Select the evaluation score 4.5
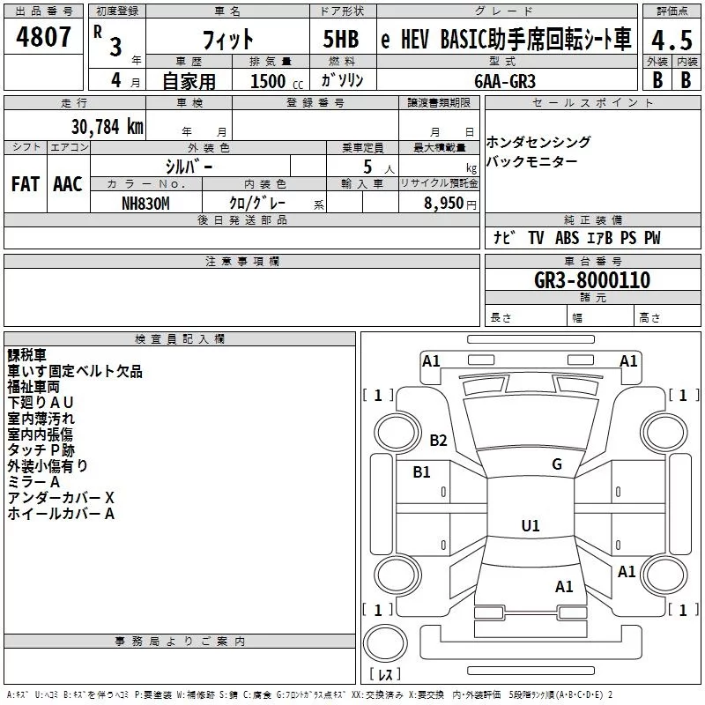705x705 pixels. pyautogui.click(x=671, y=41)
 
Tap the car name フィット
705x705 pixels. pyautogui.click(x=226, y=40)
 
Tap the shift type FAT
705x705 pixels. pyautogui.click(x=26, y=184)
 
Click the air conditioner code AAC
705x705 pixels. pyautogui.click(x=67, y=184)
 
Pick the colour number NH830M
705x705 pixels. pyautogui.click(x=145, y=203)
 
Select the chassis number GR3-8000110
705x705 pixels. pyautogui.click(x=592, y=280)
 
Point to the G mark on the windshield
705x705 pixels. pyautogui.click(x=556, y=464)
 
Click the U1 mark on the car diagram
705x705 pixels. pyautogui.click(x=530, y=526)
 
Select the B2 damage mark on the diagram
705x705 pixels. pyautogui.click(x=439, y=441)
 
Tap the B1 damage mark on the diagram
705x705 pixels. pyautogui.click(x=422, y=472)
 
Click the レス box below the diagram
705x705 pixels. pyautogui.click(x=386, y=675)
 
